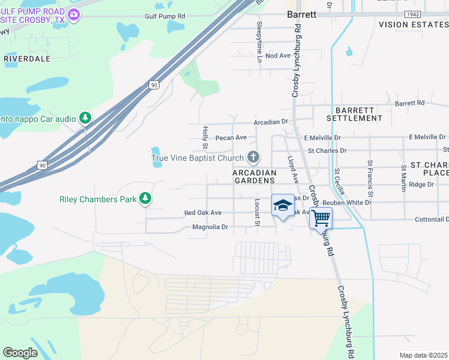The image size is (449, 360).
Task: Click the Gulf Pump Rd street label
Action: tap(165, 16)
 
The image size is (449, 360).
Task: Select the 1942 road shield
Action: tap(412, 14)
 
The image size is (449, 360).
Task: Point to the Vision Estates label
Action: tap(413, 25)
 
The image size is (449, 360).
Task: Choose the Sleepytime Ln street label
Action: tap(260, 43)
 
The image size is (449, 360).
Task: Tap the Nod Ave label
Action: tap(277, 56)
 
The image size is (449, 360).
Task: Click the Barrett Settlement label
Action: tap(358, 114)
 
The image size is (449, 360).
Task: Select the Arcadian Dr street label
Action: tap(271, 122)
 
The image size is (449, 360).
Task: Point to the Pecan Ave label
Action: tap(231, 137)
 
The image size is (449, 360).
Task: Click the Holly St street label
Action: tap(205, 137)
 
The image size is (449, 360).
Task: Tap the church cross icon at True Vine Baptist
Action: tap(253, 158)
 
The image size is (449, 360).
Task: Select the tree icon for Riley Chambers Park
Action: tap(145, 198)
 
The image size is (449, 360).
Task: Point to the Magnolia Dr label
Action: tap(210, 227)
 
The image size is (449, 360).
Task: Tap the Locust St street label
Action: tap(257, 211)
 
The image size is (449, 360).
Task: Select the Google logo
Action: tap(20, 353)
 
